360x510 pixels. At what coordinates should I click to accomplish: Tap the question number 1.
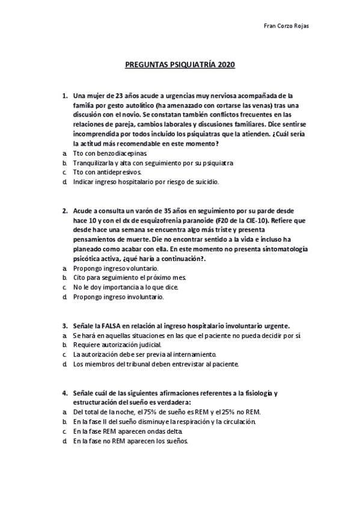(65, 96)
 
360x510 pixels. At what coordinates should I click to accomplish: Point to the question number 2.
(65, 212)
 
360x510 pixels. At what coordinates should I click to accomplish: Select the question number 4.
(65, 394)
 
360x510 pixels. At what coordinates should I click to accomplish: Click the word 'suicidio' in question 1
(207, 182)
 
